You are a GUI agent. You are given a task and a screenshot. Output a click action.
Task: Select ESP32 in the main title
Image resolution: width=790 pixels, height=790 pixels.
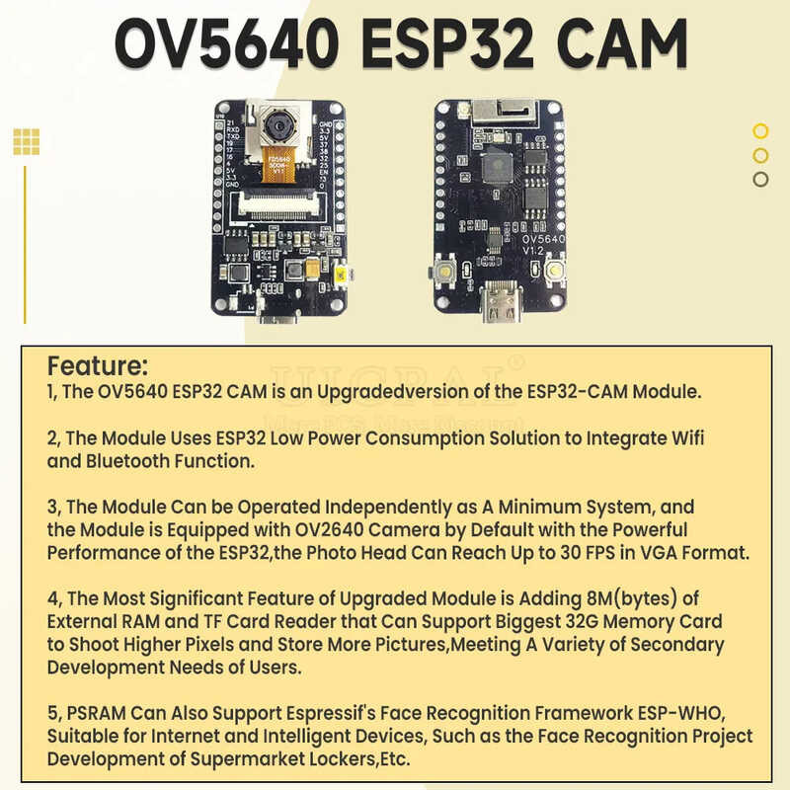(x=439, y=43)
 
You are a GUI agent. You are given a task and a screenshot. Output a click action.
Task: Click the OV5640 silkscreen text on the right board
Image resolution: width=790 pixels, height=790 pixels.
(x=542, y=239)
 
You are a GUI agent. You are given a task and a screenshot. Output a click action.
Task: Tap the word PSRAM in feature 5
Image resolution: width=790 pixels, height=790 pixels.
(x=103, y=714)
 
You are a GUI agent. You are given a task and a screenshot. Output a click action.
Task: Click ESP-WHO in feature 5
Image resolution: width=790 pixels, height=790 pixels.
(x=700, y=714)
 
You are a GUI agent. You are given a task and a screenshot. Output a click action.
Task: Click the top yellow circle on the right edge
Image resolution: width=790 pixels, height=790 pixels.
(x=760, y=130)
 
